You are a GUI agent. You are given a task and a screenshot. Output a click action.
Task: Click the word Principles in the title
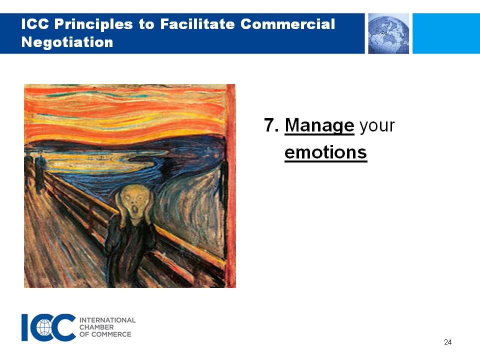[93, 24]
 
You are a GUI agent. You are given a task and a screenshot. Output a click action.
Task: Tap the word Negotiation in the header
[67, 42]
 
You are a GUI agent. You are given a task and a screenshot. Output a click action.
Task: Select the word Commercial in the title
[288, 24]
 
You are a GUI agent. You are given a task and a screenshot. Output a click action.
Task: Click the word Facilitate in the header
[197, 24]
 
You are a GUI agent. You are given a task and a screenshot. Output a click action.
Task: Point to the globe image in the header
[388, 33]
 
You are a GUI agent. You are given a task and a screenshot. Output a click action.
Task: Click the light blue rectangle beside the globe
[446, 33]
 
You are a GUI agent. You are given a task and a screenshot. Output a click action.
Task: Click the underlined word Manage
[319, 126]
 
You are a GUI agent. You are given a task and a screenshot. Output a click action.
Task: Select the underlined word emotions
[325, 152]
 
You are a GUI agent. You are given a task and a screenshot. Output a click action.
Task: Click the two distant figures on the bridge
[34, 172]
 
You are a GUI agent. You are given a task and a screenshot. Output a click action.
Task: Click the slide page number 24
[447, 342]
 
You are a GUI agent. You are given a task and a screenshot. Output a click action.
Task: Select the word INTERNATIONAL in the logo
[107, 320]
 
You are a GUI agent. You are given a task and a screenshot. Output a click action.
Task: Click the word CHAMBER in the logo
[96, 327]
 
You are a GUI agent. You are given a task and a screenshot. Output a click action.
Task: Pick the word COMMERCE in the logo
[111, 334]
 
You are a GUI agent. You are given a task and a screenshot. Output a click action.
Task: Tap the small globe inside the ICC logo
[44, 327]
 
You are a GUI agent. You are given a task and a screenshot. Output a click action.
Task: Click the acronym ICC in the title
[35, 24]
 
